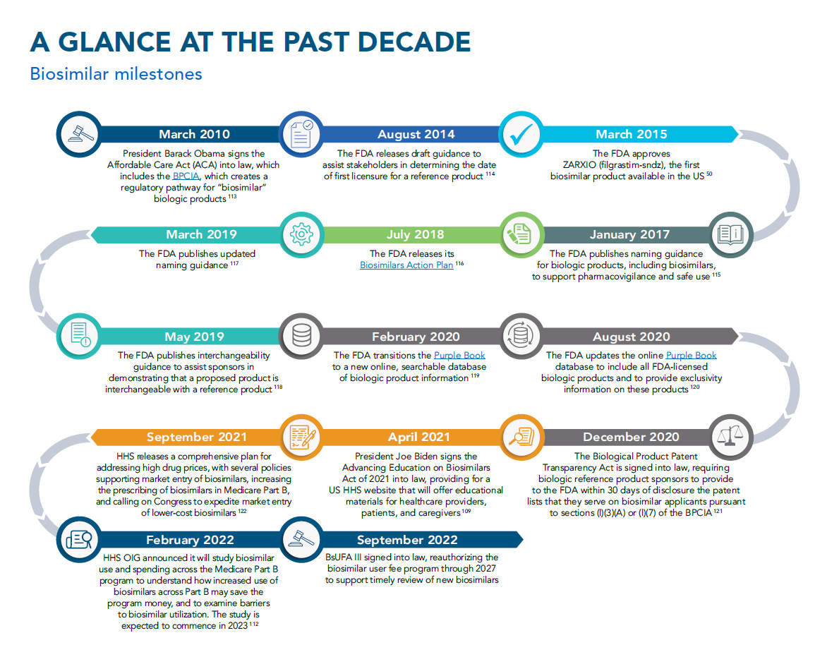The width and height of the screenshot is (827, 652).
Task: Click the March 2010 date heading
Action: (x=194, y=134)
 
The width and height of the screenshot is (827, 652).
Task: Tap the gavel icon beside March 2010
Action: (x=80, y=134)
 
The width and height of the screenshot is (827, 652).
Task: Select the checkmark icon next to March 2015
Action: (x=521, y=135)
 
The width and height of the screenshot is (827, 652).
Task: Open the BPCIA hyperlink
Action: (x=186, y=176)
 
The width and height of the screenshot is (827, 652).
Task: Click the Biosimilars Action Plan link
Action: (x=406, y=265)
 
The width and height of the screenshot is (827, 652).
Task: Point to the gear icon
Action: (x=302, y=235)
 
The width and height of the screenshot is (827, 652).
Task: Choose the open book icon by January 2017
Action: (x=730, y=235)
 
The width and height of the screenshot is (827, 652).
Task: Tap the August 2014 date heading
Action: (x=416, y=134)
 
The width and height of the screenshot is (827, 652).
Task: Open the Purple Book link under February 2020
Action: (x=459, y=356)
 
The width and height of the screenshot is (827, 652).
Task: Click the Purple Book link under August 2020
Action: (x=691, y=356)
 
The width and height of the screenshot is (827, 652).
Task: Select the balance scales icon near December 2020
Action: (x=730, y=437)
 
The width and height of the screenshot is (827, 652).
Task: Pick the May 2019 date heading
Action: (x=194, y=337)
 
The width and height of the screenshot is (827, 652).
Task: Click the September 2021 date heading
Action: (x=197, y=437)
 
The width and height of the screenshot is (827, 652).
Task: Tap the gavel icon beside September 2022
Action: (x=302, y=539)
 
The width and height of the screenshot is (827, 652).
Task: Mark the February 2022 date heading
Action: (x=190, y=540)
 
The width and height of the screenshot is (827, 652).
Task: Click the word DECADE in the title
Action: (x=414, y=42)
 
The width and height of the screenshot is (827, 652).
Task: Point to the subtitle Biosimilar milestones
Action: (x=116, y=74)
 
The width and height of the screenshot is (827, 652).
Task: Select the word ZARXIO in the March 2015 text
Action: (x=579, y=164)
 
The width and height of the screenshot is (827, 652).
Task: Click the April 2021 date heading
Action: (x=418, y=437)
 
